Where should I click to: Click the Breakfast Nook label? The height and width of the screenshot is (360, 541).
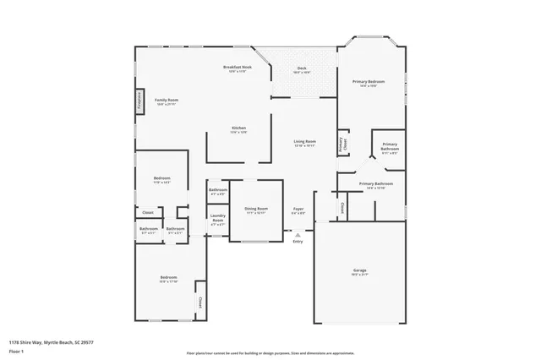coord(238,67)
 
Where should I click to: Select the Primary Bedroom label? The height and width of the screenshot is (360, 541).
coord(369,81)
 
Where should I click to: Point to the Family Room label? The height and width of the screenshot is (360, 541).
coord(167,100)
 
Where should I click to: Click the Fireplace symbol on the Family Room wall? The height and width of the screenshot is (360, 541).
coord(139,101)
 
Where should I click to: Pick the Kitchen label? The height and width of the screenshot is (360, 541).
coord(238,128)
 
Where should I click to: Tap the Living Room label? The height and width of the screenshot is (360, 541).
coord(304,141)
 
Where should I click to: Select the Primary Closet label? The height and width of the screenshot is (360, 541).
coord(342,144)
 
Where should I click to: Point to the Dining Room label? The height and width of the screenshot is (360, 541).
coord(256,208)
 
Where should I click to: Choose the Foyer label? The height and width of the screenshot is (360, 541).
coord(298,208)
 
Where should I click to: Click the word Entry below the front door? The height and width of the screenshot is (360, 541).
coord(298,243)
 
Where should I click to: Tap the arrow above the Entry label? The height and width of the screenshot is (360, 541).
coord(298,235)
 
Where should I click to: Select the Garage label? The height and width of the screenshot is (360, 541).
coord(360,270)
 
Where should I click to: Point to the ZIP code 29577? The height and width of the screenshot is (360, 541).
coord(88,342)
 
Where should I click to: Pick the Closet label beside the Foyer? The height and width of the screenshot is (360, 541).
coord(342,207)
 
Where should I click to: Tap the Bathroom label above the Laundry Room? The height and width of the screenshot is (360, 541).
coord(218,190)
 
